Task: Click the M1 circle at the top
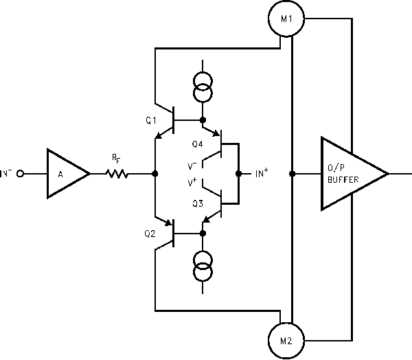[x=287, y=19]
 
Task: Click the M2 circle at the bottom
[x=287, y=340]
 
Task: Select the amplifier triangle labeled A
[x=65, y=174]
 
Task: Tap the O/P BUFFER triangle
[x=350, y=174]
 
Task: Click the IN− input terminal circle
[x=21, y=174]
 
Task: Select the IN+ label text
[x=261, y=174]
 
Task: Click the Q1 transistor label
[x=151, y=120]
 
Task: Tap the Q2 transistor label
[x=150, y=233]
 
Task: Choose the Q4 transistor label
[x=197, y=144]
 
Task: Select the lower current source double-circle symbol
[x=202, y=267]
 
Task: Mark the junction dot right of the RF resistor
[x=155, y=174]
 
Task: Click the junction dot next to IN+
[x=238, y=174]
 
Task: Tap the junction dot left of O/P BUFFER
[x=293, y=174]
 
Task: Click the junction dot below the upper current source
[x=202, y=120]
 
